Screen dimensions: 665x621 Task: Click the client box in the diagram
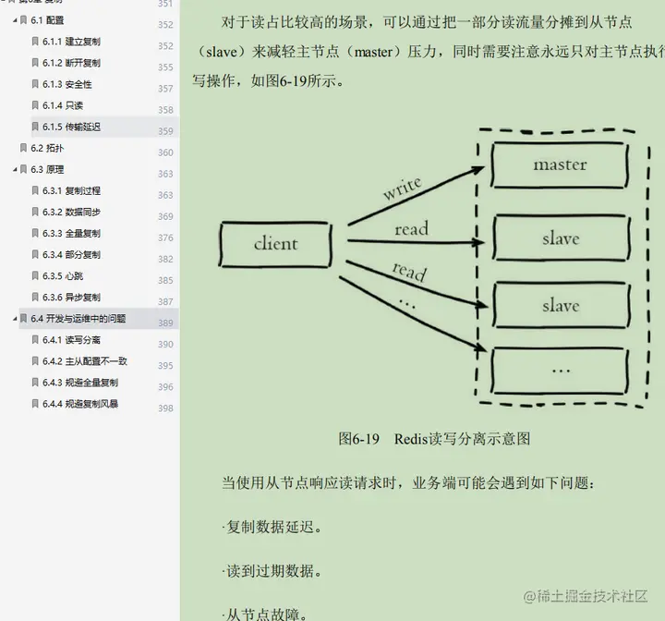click(275, 244)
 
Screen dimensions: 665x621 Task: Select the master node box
click(560, 165)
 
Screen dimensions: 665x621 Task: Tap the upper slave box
click(560, 238)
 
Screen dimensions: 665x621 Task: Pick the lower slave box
click(560, 306)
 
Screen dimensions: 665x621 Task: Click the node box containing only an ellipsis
click(560, 368)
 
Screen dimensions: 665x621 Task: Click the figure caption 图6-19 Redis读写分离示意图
click(434, 438)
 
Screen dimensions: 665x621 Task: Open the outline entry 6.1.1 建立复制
click(72, 42)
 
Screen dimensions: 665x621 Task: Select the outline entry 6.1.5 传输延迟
click(72, 127)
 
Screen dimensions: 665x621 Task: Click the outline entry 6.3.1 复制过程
click(72, 190)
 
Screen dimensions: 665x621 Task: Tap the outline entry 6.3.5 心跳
click(65, 275)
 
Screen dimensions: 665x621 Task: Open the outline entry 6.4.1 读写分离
click(72, 340)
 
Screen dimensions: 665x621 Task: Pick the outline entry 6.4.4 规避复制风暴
click(80, 404)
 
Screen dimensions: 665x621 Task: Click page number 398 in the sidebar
click(165, 408)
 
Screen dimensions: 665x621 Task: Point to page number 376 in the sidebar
click(165, 237)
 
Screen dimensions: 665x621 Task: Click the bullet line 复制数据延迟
click(273, 528)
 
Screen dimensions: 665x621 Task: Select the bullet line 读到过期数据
click(273, 571)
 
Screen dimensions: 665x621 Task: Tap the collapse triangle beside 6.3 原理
click(15, 170)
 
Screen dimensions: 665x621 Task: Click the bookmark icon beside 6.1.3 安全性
click(35, 85)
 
